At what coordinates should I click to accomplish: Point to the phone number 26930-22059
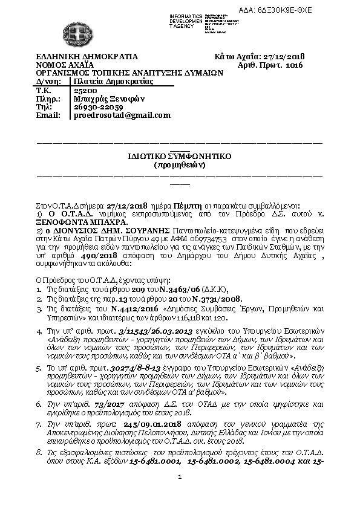[90, 106]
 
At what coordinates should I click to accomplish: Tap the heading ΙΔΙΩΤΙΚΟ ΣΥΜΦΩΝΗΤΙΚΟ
[180, 156]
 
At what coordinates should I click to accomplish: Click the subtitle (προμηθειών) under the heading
[180, 164]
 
